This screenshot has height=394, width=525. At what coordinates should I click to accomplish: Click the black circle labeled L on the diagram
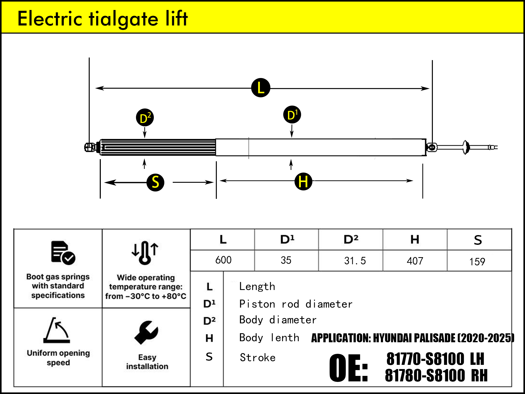(261, 88)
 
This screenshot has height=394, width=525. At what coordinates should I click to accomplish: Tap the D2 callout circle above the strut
(145, 117)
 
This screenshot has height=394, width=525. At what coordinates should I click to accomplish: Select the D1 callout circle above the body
(292, 115)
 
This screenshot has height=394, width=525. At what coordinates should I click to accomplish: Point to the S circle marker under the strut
(155, 182)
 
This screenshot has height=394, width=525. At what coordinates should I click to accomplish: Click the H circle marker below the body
(303, 181)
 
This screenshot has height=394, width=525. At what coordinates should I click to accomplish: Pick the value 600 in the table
(223, 260)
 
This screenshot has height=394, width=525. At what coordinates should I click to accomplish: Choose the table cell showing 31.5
(355, 261)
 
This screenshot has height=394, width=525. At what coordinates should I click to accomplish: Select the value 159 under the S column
(477, 262)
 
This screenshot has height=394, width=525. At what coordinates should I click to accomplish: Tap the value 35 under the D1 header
(286, 260)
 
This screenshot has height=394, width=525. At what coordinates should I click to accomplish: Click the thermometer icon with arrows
(145, 252)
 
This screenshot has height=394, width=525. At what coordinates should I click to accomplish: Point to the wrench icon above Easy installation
(146, 332)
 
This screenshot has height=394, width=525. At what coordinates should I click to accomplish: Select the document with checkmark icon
(63, 252)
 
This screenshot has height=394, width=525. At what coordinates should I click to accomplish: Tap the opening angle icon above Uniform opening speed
(57, 330)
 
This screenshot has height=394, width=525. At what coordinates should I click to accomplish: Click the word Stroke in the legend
(258, 357)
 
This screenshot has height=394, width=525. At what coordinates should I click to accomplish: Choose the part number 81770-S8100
(425, 359)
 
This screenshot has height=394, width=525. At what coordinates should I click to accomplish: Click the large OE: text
(348, 368)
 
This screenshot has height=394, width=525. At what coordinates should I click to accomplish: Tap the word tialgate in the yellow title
(124, 19)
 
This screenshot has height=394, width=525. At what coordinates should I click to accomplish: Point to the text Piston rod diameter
(296, 304)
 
